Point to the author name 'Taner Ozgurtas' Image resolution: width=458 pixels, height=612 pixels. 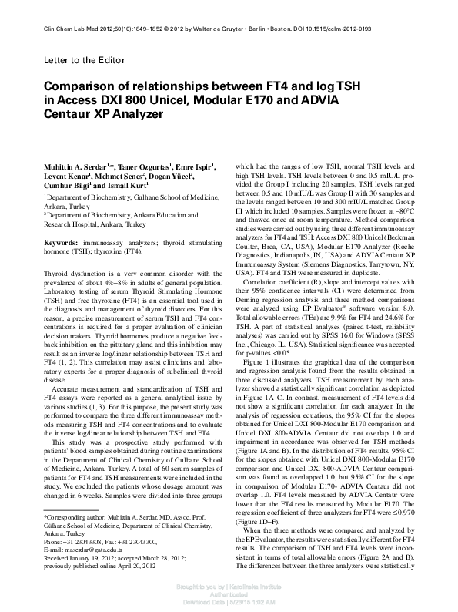coord(142,166)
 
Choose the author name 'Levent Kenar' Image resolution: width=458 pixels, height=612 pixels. coord(67,177)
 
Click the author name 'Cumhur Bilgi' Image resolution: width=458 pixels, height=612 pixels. coord(67,187)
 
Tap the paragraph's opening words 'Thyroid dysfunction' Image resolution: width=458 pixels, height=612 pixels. coord(75,274)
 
